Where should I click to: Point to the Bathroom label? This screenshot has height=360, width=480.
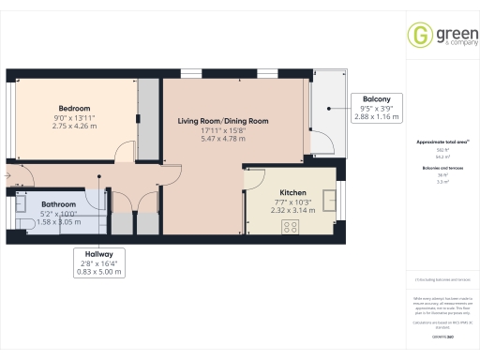point(58,203)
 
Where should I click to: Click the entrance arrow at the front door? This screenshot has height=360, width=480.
point(7,176)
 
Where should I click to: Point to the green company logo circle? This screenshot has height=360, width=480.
point(419,35)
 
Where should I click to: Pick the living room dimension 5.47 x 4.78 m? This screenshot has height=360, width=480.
point(224,139)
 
